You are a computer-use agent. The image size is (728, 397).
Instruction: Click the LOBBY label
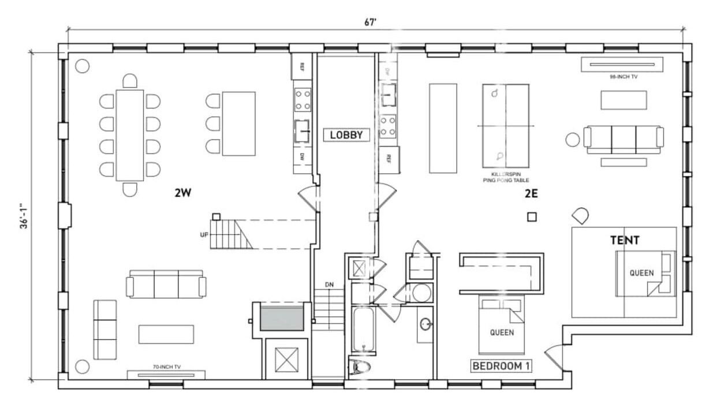tap(346, 135)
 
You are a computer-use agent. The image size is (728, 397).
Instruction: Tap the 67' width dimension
tap(370, 22)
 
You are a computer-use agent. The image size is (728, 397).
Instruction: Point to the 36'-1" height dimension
tap(24, 216)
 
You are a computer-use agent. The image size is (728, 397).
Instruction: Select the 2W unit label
tap(183, 193)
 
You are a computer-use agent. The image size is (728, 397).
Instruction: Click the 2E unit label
tap(531, 194)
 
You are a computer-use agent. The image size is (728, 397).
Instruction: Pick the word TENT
tap(625, 240)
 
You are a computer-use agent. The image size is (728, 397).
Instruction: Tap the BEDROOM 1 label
tap(501, 366)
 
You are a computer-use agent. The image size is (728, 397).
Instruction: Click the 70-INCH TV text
tap(167, 367)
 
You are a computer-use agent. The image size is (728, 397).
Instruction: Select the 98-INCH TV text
tap(624, 77)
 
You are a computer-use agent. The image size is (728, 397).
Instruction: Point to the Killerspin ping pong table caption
tap(506, 177)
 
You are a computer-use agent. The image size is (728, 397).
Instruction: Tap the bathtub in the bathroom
tap(364, 329)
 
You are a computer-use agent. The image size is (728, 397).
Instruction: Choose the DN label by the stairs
tap(329, 284)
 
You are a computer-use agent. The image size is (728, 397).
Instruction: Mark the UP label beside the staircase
tap(204, 234)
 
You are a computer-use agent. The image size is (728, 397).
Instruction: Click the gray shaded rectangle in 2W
tap(282, 319)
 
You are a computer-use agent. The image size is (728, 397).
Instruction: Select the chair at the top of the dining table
tap(130, 81)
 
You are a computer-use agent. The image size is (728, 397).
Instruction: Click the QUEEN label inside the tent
tap(641, 273)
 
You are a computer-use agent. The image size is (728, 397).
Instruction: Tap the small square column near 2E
tap(532, 217)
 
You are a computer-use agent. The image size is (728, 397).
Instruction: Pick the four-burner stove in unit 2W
tap(303, 100)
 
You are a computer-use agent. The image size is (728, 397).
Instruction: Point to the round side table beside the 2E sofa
tap(572, 140)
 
